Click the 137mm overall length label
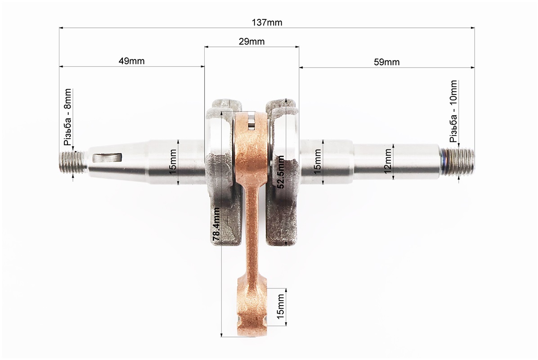[x=267, y=22]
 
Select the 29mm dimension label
[x=251, y=41]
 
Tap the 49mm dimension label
[x=131, y=61]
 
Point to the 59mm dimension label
[x=386, y=62]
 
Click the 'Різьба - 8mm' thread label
[x=67, y=117]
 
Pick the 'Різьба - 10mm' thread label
[x=453, y=112]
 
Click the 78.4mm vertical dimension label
[x=216, y=225]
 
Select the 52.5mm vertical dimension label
[x=280, y=172]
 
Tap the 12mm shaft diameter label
[x=387, y=161]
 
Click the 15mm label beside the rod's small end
[x=280, y=306]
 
